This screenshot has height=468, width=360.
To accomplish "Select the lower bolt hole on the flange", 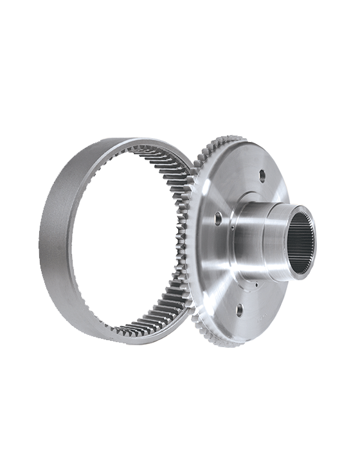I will click(239, 309).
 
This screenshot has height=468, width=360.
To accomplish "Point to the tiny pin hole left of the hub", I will click(230, 226).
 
